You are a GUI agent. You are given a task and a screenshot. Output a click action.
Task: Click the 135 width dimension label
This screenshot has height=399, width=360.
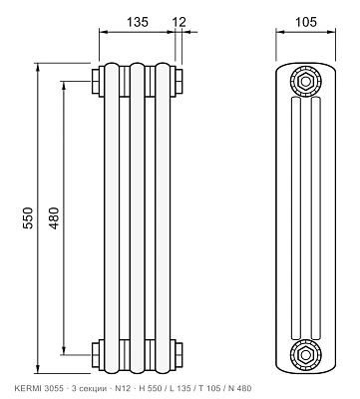[138, 22]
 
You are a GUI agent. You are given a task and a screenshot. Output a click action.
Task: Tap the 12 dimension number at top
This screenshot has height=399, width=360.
[179, 22]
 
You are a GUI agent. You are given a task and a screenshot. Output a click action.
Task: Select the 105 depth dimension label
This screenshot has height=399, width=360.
[306, 22]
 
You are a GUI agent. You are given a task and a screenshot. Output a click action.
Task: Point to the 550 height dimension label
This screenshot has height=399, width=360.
[28, 217]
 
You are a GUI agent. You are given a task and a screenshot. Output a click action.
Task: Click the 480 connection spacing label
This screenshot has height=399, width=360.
[54, 217]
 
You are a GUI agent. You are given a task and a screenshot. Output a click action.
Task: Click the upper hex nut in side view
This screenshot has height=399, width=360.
[305, 81]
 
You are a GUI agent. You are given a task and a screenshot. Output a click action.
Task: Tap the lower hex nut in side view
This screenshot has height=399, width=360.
[305, 355]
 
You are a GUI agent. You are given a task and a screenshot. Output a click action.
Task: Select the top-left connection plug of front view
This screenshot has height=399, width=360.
[98, 82]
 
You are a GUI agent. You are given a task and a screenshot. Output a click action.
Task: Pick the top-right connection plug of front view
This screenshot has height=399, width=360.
[177, 82]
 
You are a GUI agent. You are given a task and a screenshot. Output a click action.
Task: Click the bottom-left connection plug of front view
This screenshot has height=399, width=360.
[98, 355]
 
